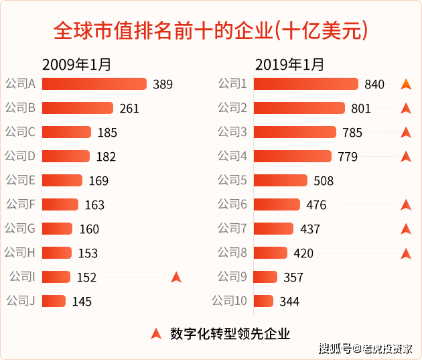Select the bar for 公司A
(94, 84)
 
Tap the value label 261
(129, 108)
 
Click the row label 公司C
(20, 132)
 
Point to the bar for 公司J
(54, 301)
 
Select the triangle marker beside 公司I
(176, 277)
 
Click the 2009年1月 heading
(76, 64)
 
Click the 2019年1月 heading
(289, 64)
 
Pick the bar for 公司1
(306, 84)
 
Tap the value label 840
(374, 84)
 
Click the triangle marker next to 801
(405, 108)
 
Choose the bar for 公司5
(281, 180)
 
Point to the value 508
(323, 181)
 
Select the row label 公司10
(230, 300)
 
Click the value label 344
(289, 302)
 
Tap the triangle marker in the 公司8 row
(405, 253)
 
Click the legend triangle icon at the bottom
(156, 333)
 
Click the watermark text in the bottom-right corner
(365, 348)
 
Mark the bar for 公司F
(60, 204)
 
